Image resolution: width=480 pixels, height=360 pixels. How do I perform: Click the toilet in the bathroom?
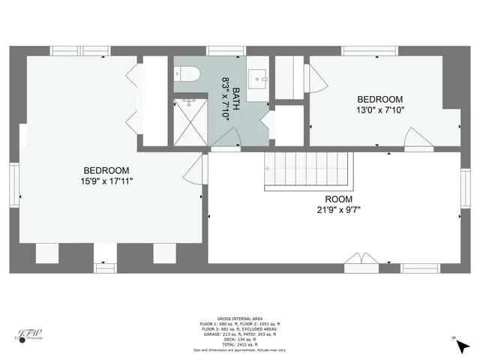(x=185, y=74)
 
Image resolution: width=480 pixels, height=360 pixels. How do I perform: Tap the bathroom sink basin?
(x=259, y=77)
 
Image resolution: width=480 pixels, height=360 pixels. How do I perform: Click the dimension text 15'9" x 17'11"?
(x=106, y=181)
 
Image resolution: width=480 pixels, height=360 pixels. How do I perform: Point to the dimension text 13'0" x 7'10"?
(x=379, y=110)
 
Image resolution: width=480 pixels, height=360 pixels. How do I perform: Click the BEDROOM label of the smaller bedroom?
(x=379, y=99)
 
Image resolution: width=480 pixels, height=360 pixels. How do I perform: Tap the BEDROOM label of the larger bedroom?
(x=106, y=170)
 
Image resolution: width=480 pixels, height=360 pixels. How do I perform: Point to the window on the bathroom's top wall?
(x=226, y=50)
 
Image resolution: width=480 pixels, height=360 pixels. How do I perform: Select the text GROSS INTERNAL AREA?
(x=239, y=318)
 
